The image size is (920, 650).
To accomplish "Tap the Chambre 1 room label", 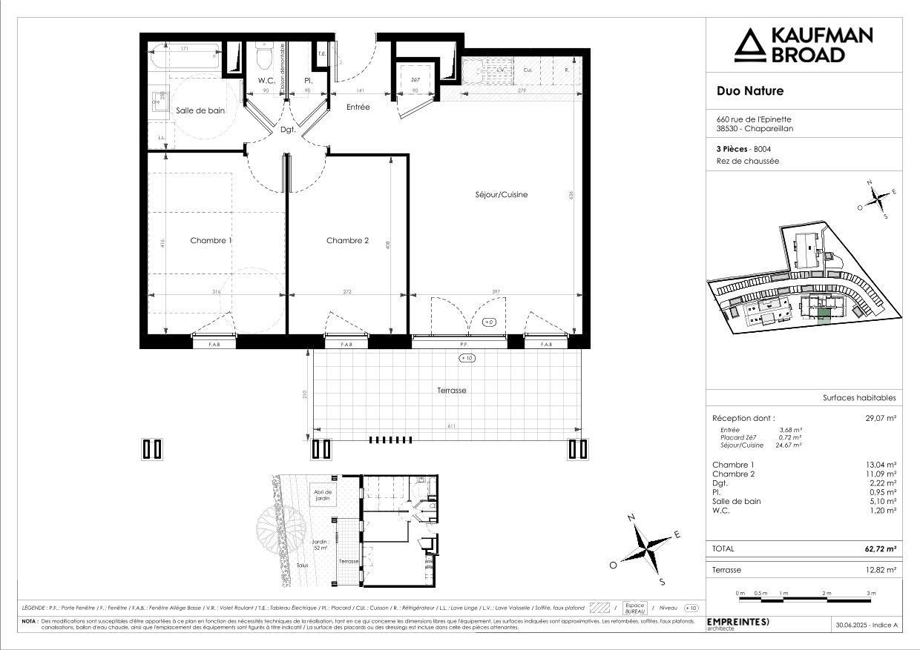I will coord(211,240).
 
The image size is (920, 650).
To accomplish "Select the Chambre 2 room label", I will coord(347,240).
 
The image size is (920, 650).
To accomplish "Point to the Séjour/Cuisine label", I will coord(502,195).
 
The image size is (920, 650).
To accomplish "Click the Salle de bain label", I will coord(200,110).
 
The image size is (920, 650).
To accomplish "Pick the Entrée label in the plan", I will coord(358,107).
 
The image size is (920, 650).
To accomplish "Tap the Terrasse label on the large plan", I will coord(451,390).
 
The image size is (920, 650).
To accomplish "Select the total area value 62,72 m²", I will coord(881,549).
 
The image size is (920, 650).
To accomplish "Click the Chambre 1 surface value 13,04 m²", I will coord(881,465).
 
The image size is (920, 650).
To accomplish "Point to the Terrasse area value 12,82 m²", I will coord(881,570).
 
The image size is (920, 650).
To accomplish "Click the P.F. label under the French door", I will coord(464,345).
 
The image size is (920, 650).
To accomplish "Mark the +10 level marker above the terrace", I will coord(467,358).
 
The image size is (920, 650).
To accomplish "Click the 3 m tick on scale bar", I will coord(871,594).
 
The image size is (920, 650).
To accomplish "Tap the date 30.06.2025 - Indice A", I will coord(867,626).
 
